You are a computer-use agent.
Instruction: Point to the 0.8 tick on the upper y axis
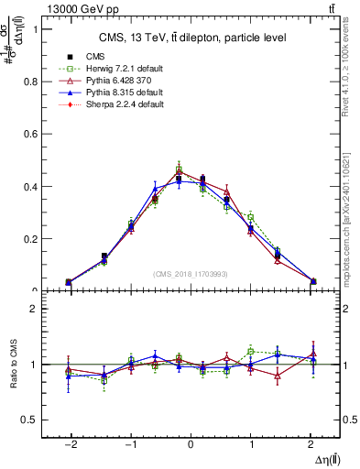pos(27,82)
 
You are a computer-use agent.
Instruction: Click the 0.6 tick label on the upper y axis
pos(27,134)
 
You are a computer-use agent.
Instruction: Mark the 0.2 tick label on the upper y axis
pos(27,239)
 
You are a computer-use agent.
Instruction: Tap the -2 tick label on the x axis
pos(69,442)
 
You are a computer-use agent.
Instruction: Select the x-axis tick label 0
pos(190,442)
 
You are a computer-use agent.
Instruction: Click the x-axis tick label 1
pos(250,442)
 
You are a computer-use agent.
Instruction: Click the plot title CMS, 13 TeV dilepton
pos(192,38)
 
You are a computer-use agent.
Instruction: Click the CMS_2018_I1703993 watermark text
pos(190,274)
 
